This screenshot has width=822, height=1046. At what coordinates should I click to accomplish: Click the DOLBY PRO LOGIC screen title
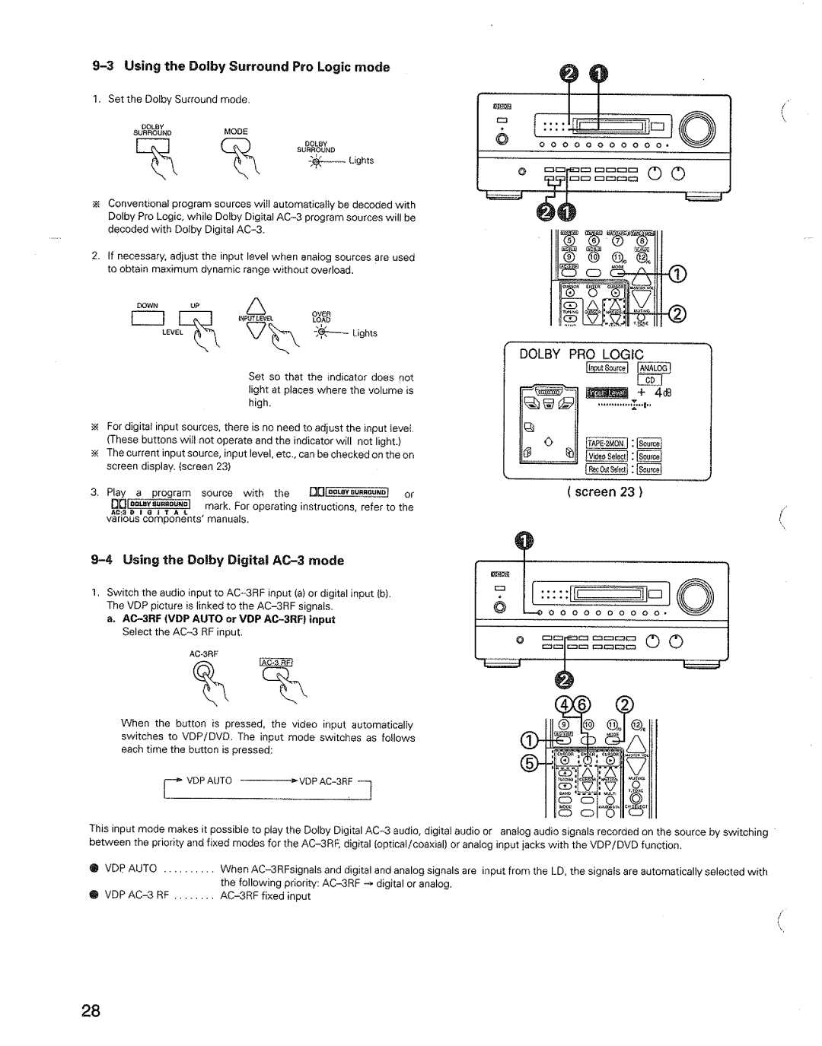pos(582,354)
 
